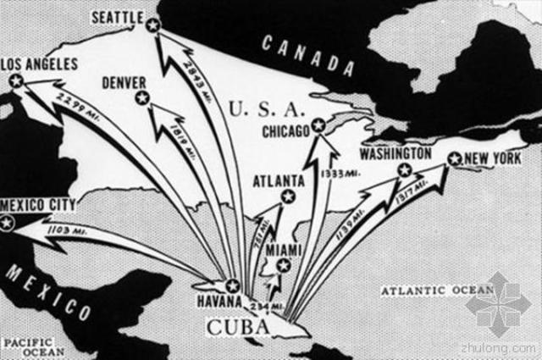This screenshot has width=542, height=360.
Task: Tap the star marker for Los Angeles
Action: [15, 80]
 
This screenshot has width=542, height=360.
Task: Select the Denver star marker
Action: [142, 98]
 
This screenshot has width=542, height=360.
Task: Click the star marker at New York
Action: [454, 158]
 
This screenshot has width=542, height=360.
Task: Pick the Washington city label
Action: [395, 154]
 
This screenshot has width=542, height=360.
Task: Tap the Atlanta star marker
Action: [288, 197]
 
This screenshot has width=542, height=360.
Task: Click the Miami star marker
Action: [283, 265]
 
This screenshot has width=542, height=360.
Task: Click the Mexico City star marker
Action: [8, 223]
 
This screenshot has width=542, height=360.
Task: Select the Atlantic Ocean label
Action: [436, 291]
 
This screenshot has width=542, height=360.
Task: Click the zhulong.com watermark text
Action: [500, 347]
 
